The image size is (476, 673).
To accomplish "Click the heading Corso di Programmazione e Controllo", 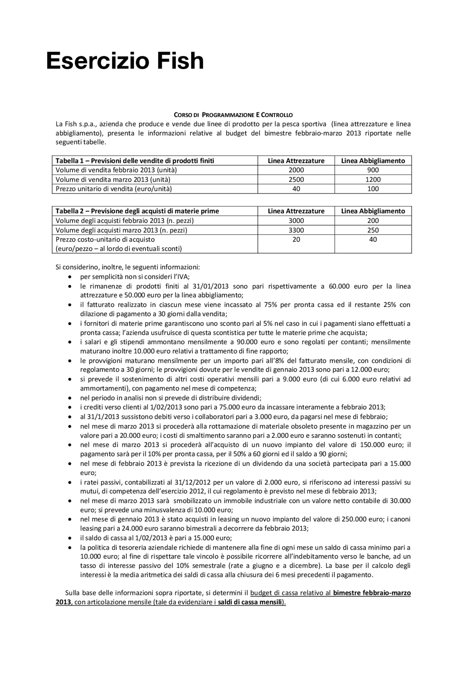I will coord(233,115).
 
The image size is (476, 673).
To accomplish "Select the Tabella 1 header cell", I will coord(135,161).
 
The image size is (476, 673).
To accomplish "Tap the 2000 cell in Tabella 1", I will coord(296,170).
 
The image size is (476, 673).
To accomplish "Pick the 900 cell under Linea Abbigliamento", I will coord(373,170).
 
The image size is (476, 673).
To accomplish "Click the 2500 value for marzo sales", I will coord(296,179).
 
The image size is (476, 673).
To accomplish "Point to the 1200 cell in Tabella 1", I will coord(373,179).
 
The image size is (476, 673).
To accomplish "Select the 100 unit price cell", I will coord(373,189).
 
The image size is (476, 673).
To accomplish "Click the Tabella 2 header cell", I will coord(137,211).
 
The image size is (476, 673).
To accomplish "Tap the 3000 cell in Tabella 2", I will coord(296,220).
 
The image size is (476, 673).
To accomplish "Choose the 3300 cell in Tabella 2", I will coord(296,230).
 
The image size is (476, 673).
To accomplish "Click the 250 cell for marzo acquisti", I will coord(373,230).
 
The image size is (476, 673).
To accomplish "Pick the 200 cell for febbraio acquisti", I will coord(373,220).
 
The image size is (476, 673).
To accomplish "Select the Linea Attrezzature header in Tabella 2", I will coord(296,211).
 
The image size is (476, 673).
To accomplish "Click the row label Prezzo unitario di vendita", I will coord(114,189).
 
